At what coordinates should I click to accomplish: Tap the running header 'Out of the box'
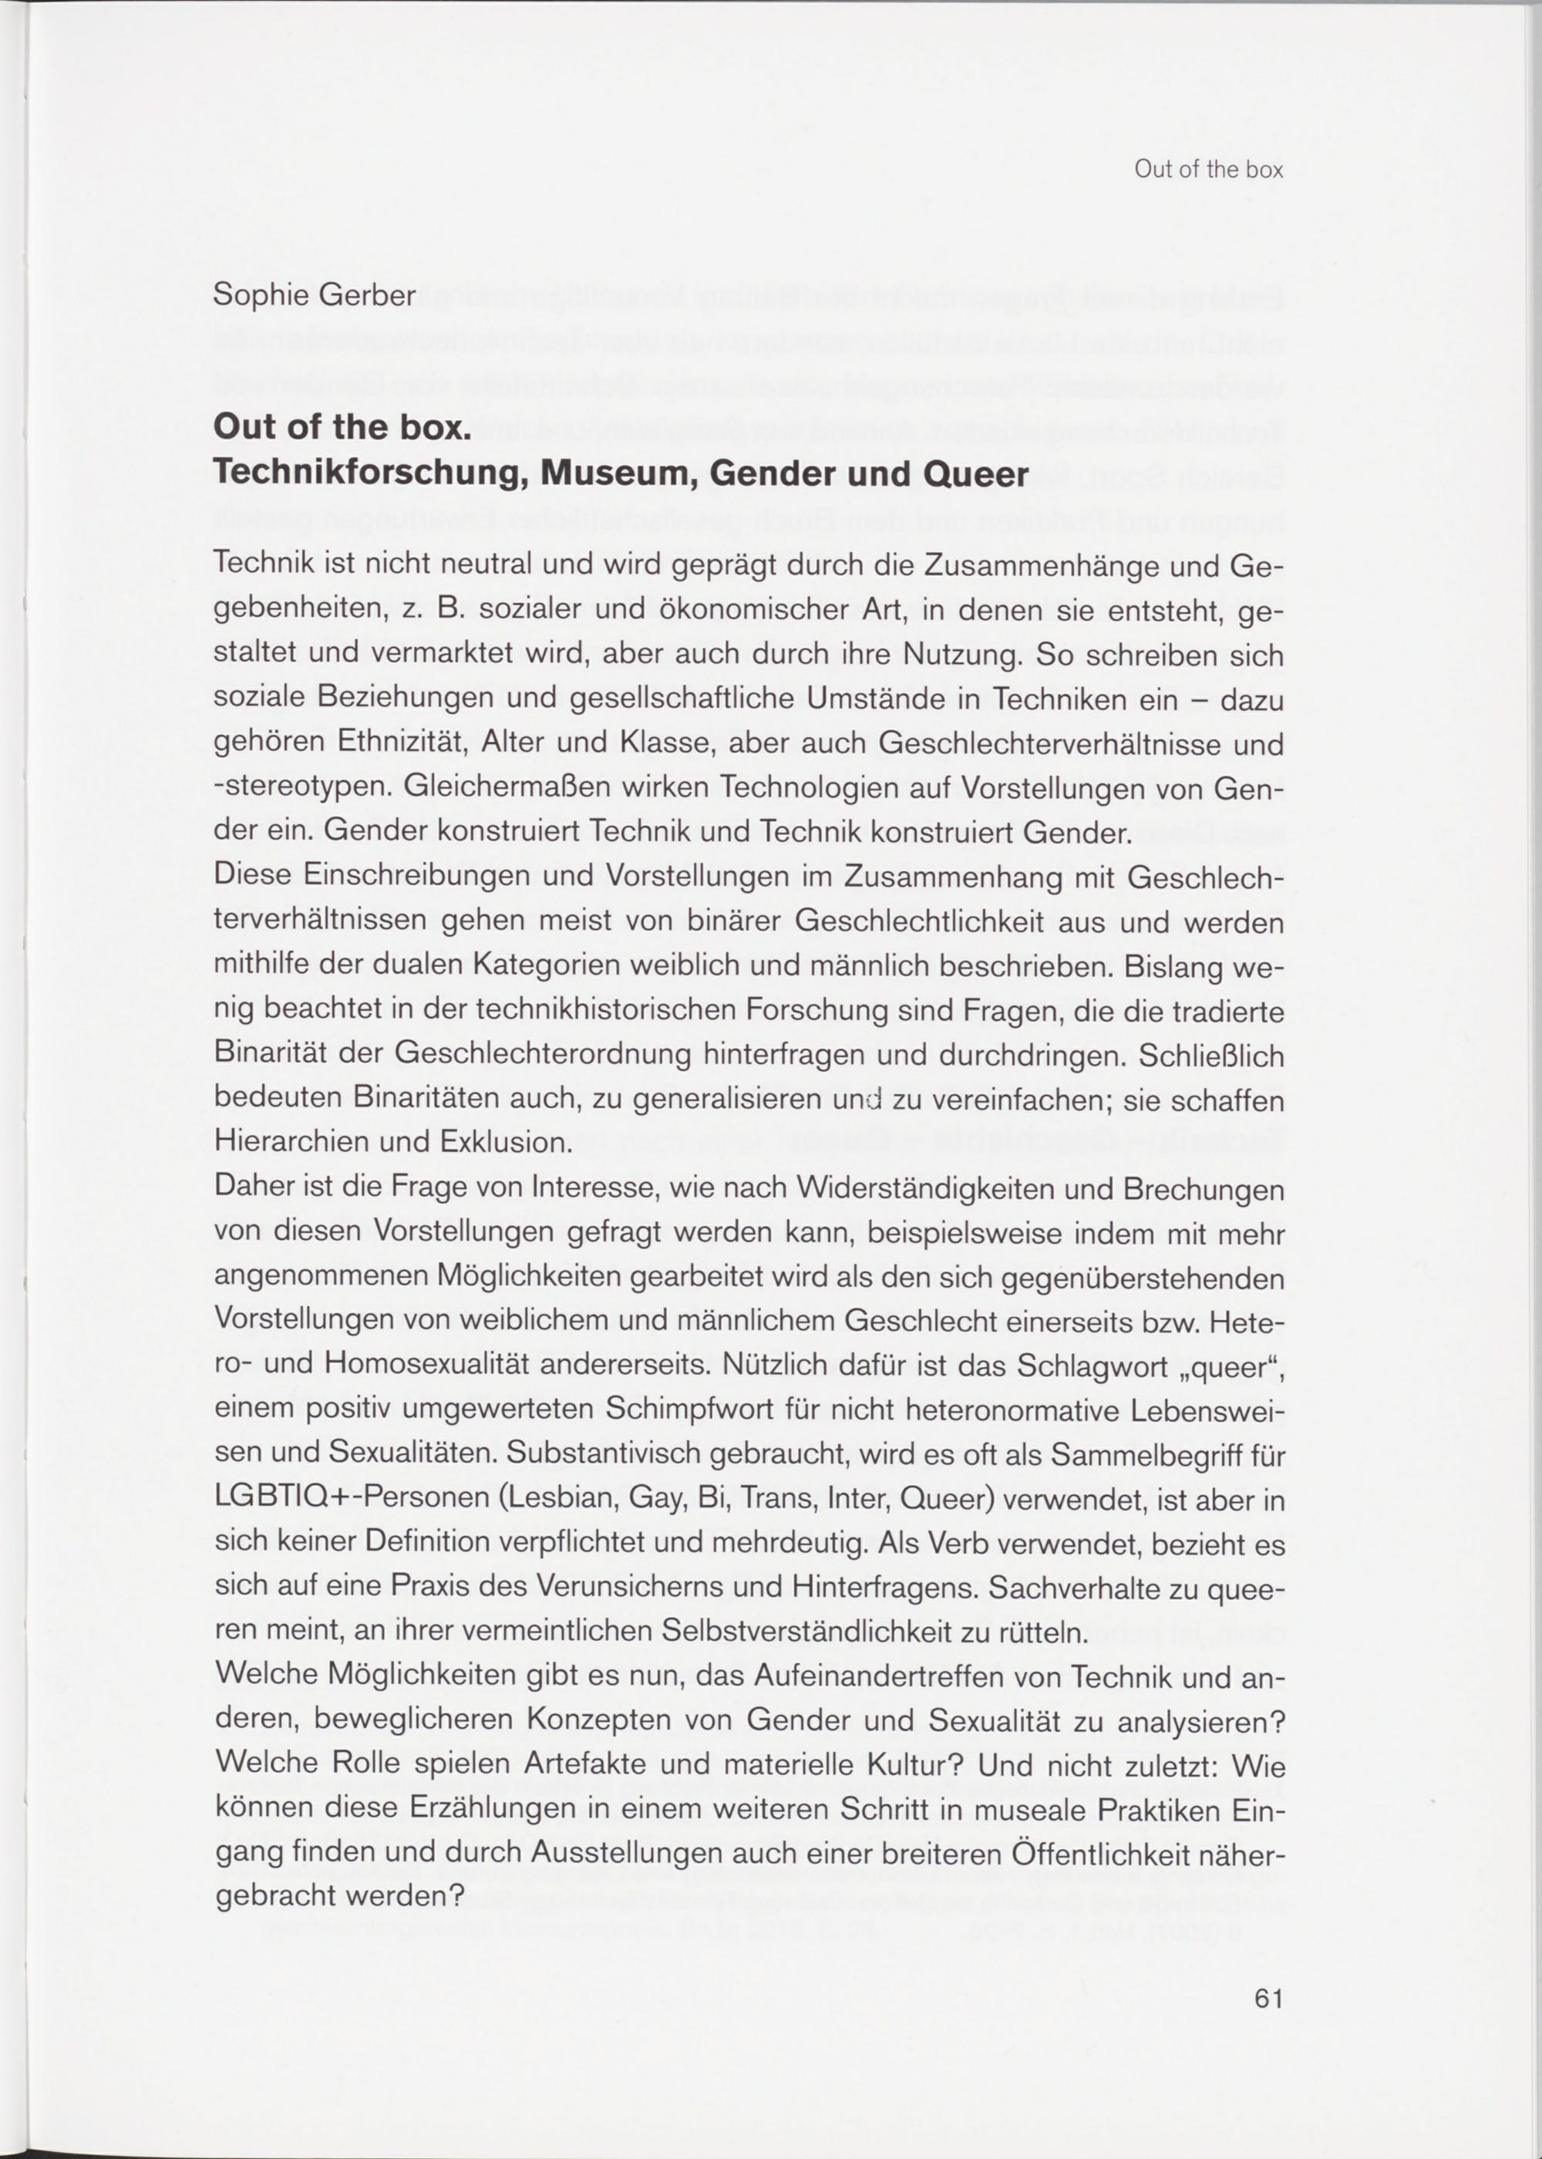tap(1208, 170)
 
